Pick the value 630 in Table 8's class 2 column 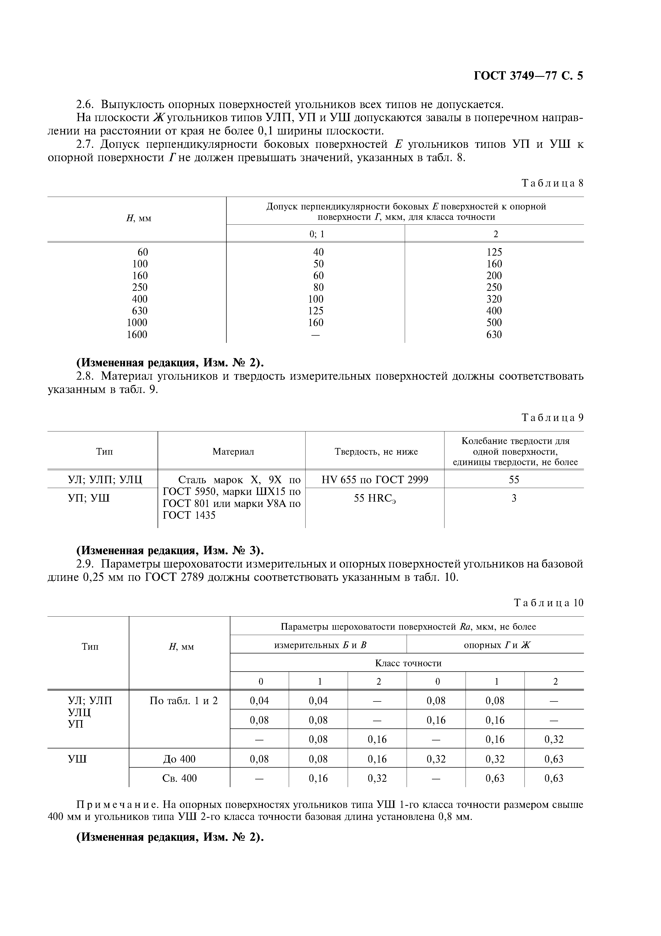point(494,335)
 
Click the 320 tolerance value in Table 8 point(494,299)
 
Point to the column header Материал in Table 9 point(233,451)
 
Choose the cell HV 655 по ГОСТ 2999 point(375,479)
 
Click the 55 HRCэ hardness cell point(375,499)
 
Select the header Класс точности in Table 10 point(408,663)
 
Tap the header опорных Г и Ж point(497,645)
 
